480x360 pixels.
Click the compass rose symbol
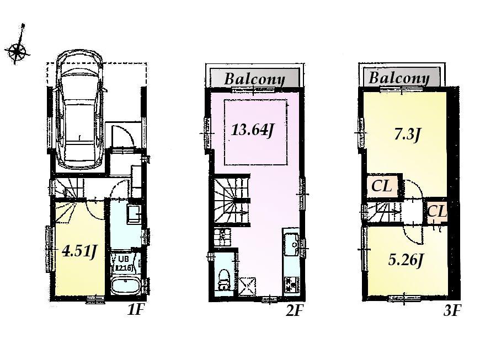[x=18, y=51]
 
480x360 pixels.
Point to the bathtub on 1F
[x=124, y=287]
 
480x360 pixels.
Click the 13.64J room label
[x=253, y=131]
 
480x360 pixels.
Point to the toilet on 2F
[x=224, y=278]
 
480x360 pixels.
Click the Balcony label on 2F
[x=254, y=79]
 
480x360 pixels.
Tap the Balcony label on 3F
[x=399, y=78]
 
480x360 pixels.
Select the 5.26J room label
[x=406, y=260]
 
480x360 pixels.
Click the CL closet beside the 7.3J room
[x=381, y=186]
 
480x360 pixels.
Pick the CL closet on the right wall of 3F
[x=436, y=211]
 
